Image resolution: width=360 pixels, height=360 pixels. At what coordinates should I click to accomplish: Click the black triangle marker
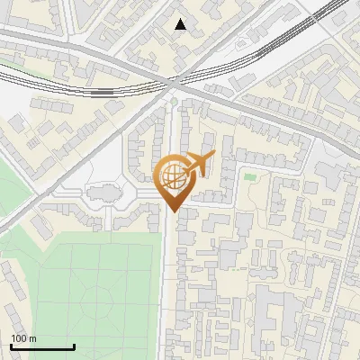click(x=181, y=24)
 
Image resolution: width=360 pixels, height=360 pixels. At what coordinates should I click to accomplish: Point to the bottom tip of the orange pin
click(x=172, y=211)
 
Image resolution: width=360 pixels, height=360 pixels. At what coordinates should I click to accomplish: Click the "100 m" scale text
click(x=23, y=338)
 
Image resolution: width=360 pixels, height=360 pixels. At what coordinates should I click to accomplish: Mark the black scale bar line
click(x=42, y=346)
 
